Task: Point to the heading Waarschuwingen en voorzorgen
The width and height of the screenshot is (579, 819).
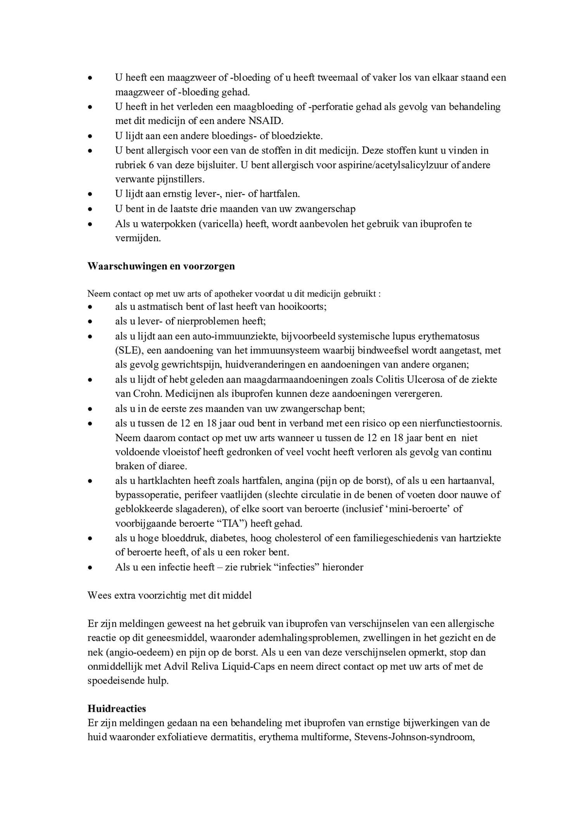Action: pyautogui.click(x=161, y=266)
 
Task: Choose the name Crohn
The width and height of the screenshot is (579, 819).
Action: pyautogui.click(x=148, y=394)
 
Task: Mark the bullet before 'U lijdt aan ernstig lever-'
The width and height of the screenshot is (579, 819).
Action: pyautogui.click(x=90, y=194)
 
